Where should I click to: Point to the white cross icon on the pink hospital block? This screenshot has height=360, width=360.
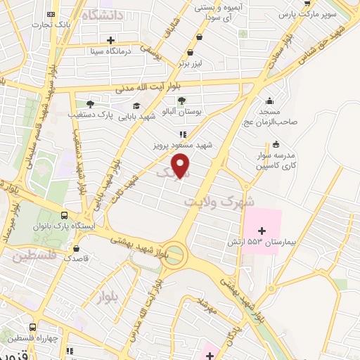click(262, 230)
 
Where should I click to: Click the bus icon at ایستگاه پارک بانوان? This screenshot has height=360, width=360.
click(65, 217)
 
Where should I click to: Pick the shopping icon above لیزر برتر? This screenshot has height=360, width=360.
click(190, 53)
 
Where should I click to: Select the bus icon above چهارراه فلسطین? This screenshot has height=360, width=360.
click(33, 327)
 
